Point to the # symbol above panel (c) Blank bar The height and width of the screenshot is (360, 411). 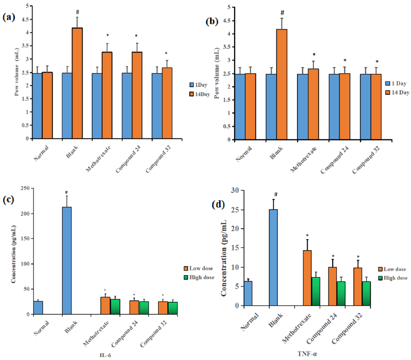pyautogui.click(x=67, y=192)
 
